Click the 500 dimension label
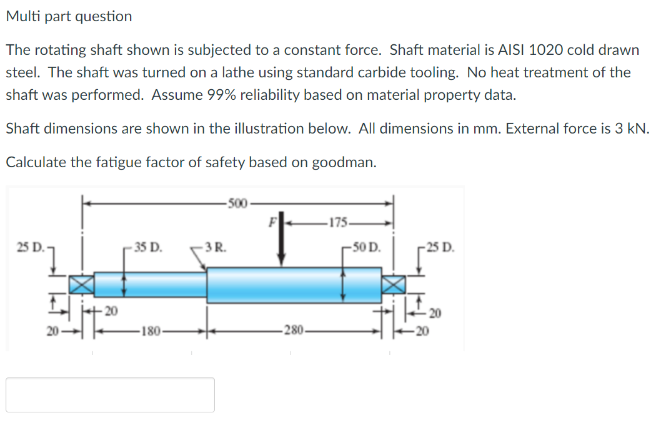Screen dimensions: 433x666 237,203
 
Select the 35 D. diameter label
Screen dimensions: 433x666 147,245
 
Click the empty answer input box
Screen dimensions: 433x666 111,395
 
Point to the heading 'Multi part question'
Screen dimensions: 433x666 69,17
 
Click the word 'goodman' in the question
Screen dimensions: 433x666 342,162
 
